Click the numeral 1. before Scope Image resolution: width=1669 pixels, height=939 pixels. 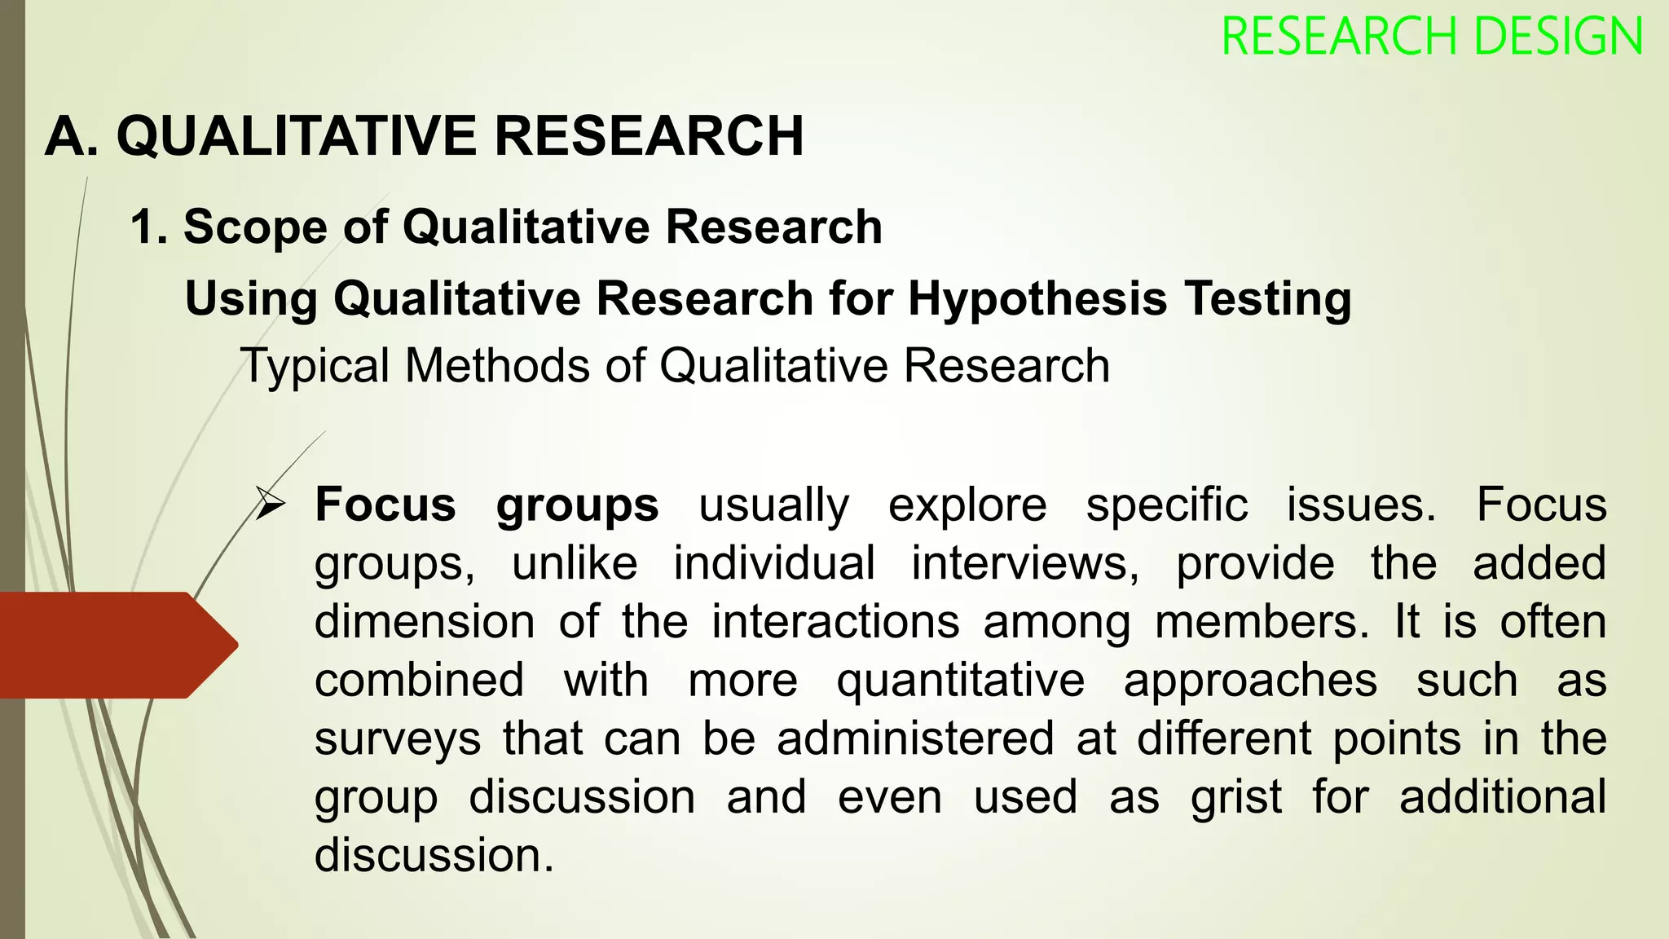[x=149, y=227]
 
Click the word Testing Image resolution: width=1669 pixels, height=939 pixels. [x=1268, y=299]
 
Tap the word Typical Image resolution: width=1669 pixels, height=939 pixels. [x=315, y=366]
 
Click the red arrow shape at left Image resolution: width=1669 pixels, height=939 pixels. [x=114, y=645]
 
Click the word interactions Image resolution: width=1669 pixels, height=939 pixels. [x=835, y=622]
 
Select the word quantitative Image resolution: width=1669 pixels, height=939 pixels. [x=961, y=681]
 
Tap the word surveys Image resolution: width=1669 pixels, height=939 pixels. [x=398, y=740]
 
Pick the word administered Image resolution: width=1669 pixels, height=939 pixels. [x=915, y=738]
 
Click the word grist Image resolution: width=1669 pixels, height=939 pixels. [x=1235, y=797]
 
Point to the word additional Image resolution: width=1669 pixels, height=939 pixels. [x=1503, y=796]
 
